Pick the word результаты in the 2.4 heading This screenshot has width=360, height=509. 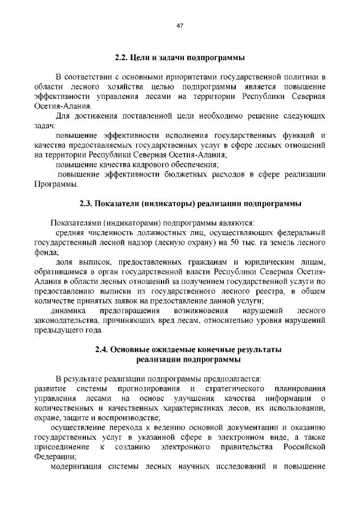(x=253, y=349)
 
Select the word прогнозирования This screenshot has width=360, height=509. (x=149, y=389)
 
